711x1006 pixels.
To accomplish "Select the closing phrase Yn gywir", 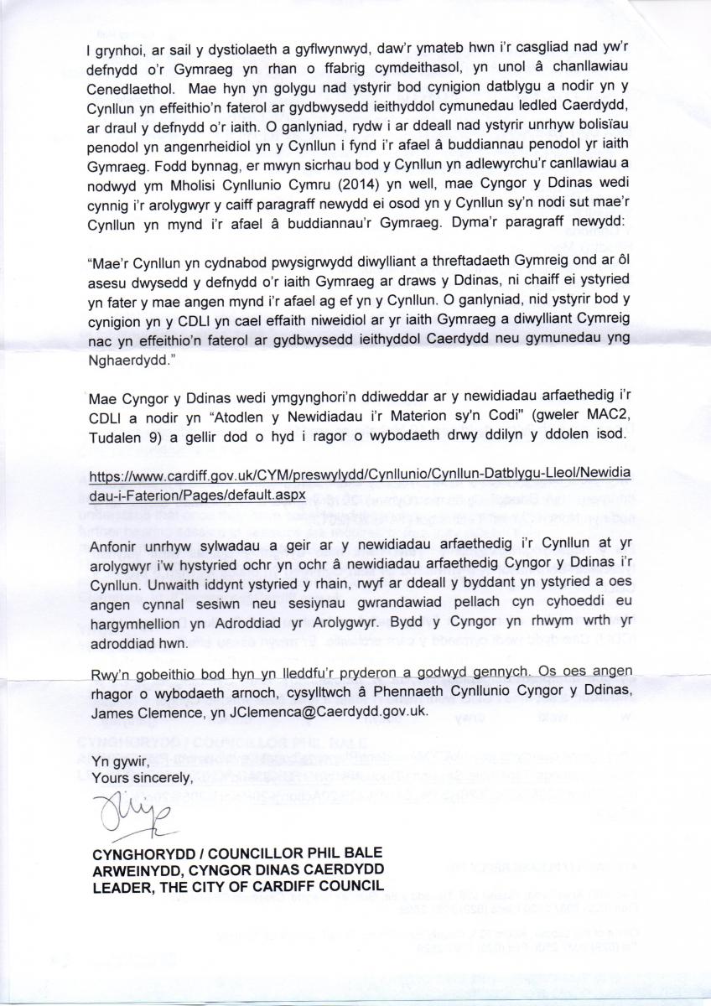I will pos(113,761).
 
